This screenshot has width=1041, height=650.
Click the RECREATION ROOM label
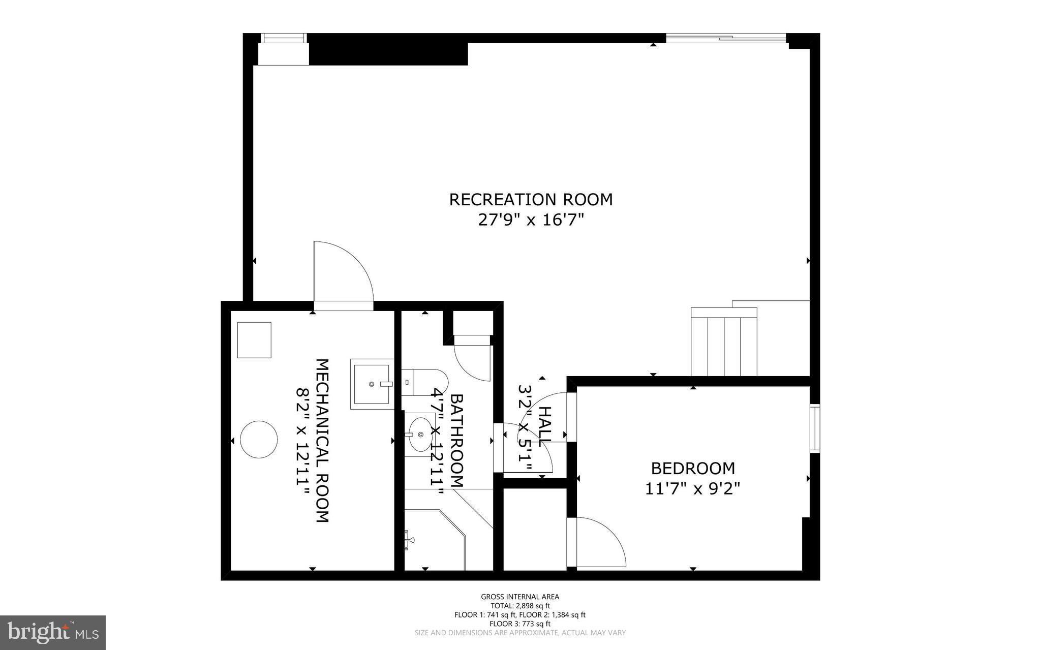pyautogui.click(x=531, y=199)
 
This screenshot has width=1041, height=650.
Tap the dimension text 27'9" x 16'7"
pyautogui.click(x=531, y=220)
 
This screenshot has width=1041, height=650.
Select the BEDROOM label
pyautogui.click(x=693, y=468)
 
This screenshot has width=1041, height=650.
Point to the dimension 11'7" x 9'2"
pyautogui.click(x=693, y=488)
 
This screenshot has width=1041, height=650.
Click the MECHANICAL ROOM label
pyautogui.click(x=323, y=441)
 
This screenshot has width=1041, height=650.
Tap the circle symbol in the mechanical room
pyautogui.click(x=259, y=439)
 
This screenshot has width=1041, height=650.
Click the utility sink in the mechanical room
pyautogui.click(x=372, y=384)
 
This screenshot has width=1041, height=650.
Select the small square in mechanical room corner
pyautogui.click(x=254, y=340)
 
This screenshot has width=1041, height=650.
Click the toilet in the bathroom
pyautogui.click(x=425, y=382)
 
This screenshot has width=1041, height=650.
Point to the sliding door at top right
pyautogui.click(x=726, y=38)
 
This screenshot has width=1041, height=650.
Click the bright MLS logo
pyautogui.click(x=53, y=632)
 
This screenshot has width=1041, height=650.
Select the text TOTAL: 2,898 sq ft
pyautogui.click(x=520, y=606)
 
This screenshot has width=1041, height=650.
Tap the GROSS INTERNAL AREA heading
pyautogui.click(x=520, y=597)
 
